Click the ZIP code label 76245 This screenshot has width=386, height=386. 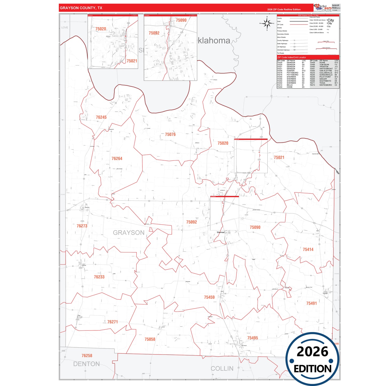[x=101, y=117]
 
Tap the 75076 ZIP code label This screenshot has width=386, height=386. [x=170, y=134]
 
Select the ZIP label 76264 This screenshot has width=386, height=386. [x=117, y=159]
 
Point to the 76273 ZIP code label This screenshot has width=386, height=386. [x=82, y=226]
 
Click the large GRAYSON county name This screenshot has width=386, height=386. [x=128, y=233]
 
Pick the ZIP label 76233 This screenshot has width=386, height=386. [x=99, y=277]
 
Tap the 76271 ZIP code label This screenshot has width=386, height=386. [x=112, y=322]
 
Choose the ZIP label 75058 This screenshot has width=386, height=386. [x=150, y=339]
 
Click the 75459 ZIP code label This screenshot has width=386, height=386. [x=209, y=297]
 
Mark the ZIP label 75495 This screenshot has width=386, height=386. [x=252, y=338]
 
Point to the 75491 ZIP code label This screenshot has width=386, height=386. [x=311, y=303]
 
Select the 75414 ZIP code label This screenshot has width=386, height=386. [x=308, y=249]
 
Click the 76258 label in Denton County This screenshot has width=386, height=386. [x=87, y=356]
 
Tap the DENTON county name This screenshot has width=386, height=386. [x=86, y=364]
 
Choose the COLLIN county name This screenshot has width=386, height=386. [x=222, y=369]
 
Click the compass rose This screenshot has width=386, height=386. [x=267, y=24]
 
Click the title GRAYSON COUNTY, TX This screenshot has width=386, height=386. [x=81, y=8]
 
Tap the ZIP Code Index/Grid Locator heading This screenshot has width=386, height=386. [x=291, y=57]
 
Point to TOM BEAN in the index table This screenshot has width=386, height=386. [x=324, y=65]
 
